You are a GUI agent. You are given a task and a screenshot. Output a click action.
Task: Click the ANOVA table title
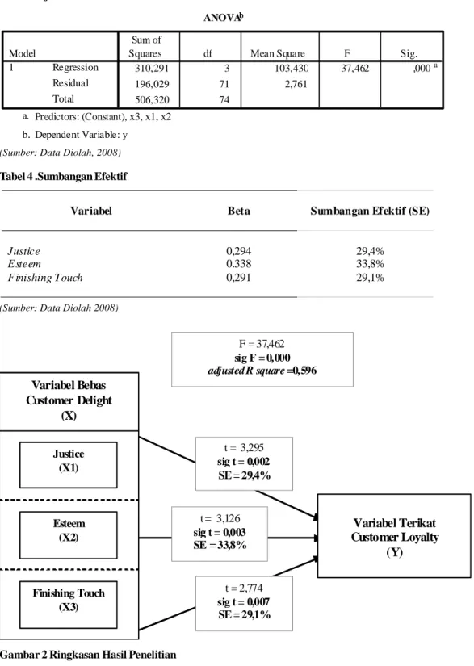pos(223,18)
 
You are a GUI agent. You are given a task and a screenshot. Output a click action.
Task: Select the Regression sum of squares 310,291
pos(152,68)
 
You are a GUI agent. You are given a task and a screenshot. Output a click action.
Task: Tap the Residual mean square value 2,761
pos(296,84)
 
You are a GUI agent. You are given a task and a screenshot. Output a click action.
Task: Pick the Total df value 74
pos(224,100)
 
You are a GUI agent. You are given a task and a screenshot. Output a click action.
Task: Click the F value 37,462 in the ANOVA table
pos(354,68)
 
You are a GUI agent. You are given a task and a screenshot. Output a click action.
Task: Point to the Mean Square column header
pos(278,53)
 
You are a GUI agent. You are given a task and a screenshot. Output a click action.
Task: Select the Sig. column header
pos(409,53)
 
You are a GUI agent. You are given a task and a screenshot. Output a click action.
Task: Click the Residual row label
pos(70,83)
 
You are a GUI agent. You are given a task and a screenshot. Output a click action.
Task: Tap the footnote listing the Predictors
pos(97,117)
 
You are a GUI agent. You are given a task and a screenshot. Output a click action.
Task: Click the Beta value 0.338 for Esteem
pos(238,264)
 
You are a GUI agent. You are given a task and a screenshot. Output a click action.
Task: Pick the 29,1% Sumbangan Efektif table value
pos(370,278)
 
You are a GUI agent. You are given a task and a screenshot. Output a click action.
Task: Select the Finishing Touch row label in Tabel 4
pos(45,278)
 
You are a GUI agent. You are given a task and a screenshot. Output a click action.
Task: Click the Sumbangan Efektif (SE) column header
pos(370,211)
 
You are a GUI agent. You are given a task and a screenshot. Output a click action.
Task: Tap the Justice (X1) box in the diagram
pos(69,465)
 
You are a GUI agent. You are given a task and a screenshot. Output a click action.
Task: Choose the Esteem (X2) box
pos(69,534)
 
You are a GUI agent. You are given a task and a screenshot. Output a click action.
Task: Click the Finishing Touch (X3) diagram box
pos(69,605)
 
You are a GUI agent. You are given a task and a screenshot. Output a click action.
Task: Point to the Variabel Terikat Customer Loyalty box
pos(394,535)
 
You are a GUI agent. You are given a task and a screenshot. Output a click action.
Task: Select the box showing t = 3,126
pos(220,534)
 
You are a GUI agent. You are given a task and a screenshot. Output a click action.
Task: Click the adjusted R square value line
pos(262,371)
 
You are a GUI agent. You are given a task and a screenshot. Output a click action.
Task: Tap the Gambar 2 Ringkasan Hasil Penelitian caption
pos(88,655)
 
